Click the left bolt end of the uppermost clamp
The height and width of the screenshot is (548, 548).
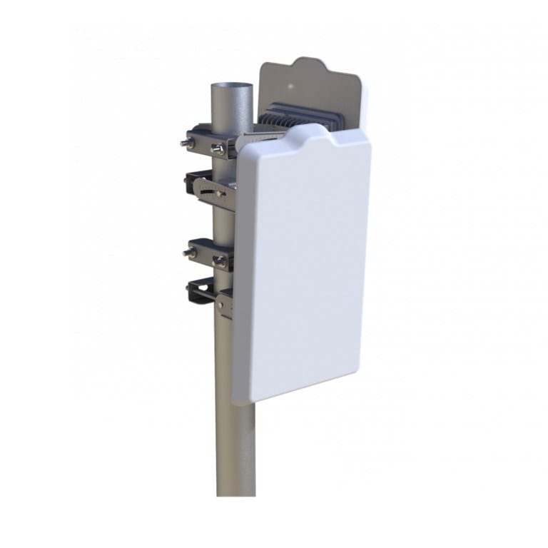pos(185,142)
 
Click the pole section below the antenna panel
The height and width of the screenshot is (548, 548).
pos(235,450)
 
